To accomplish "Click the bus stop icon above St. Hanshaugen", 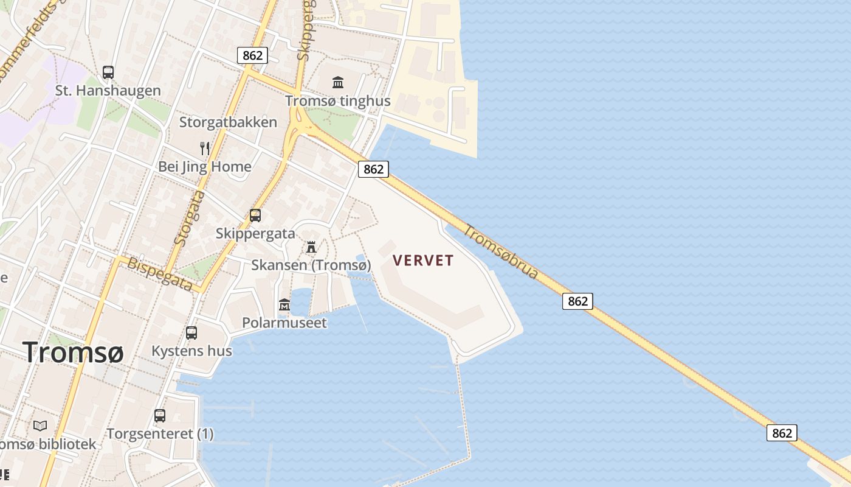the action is click(x=108, y=72).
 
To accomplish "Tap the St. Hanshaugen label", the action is click(x=108, y=91).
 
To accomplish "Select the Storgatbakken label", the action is click(x=228, y=122).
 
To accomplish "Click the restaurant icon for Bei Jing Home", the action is click(x=205, y=148).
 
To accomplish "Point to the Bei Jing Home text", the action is click(x=205, y=167).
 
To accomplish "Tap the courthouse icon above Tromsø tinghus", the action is click(x=338, y=82).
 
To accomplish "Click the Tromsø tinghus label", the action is click(x=338, y=101).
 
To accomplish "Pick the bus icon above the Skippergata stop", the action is click(x=255, y=215).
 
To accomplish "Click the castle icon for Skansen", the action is click(x=311, y=247).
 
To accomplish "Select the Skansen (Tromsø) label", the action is click(x=311, y=265).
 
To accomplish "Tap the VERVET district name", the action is click(x=423, y=261).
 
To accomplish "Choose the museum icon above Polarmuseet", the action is click(x=284, y=304).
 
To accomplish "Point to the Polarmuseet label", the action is click(x=284, y=323).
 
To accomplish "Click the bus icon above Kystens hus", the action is click(x=191, y=333).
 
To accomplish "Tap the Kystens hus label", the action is click(x=191, y=351).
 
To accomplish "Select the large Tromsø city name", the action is click(x=73, y=352).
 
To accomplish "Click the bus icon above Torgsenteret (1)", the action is click(x=160, y=416).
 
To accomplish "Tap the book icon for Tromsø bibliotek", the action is click(x=40, y=426).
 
